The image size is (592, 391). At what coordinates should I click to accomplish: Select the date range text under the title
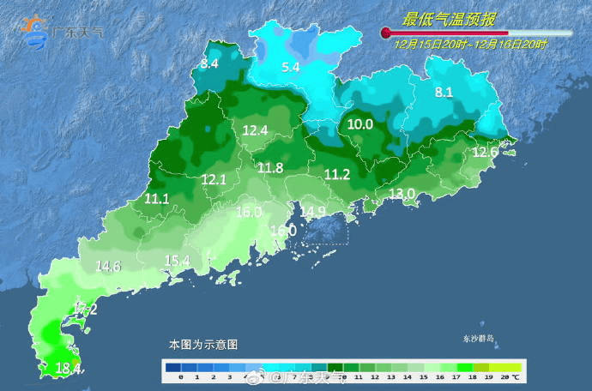click(471, 43)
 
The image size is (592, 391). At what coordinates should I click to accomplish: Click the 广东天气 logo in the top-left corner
click(60, 32)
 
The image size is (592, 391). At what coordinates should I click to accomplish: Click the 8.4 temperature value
click(209, 63)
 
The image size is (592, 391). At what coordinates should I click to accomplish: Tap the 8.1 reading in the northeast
click(444, 93)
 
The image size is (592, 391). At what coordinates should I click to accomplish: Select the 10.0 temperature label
click(359, 124)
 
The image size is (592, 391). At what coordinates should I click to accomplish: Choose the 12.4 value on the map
click(255, 130)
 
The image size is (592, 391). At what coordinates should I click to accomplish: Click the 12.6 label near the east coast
click(486, 152)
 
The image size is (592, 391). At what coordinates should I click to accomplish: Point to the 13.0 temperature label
click(402, 194)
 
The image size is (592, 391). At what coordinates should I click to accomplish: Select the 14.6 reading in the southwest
click(108, 266)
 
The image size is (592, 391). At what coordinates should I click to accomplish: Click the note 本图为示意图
click(202, 344)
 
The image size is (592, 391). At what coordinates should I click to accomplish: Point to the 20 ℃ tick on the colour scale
click(509, 377)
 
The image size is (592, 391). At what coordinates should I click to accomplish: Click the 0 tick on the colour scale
click(181, 377)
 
